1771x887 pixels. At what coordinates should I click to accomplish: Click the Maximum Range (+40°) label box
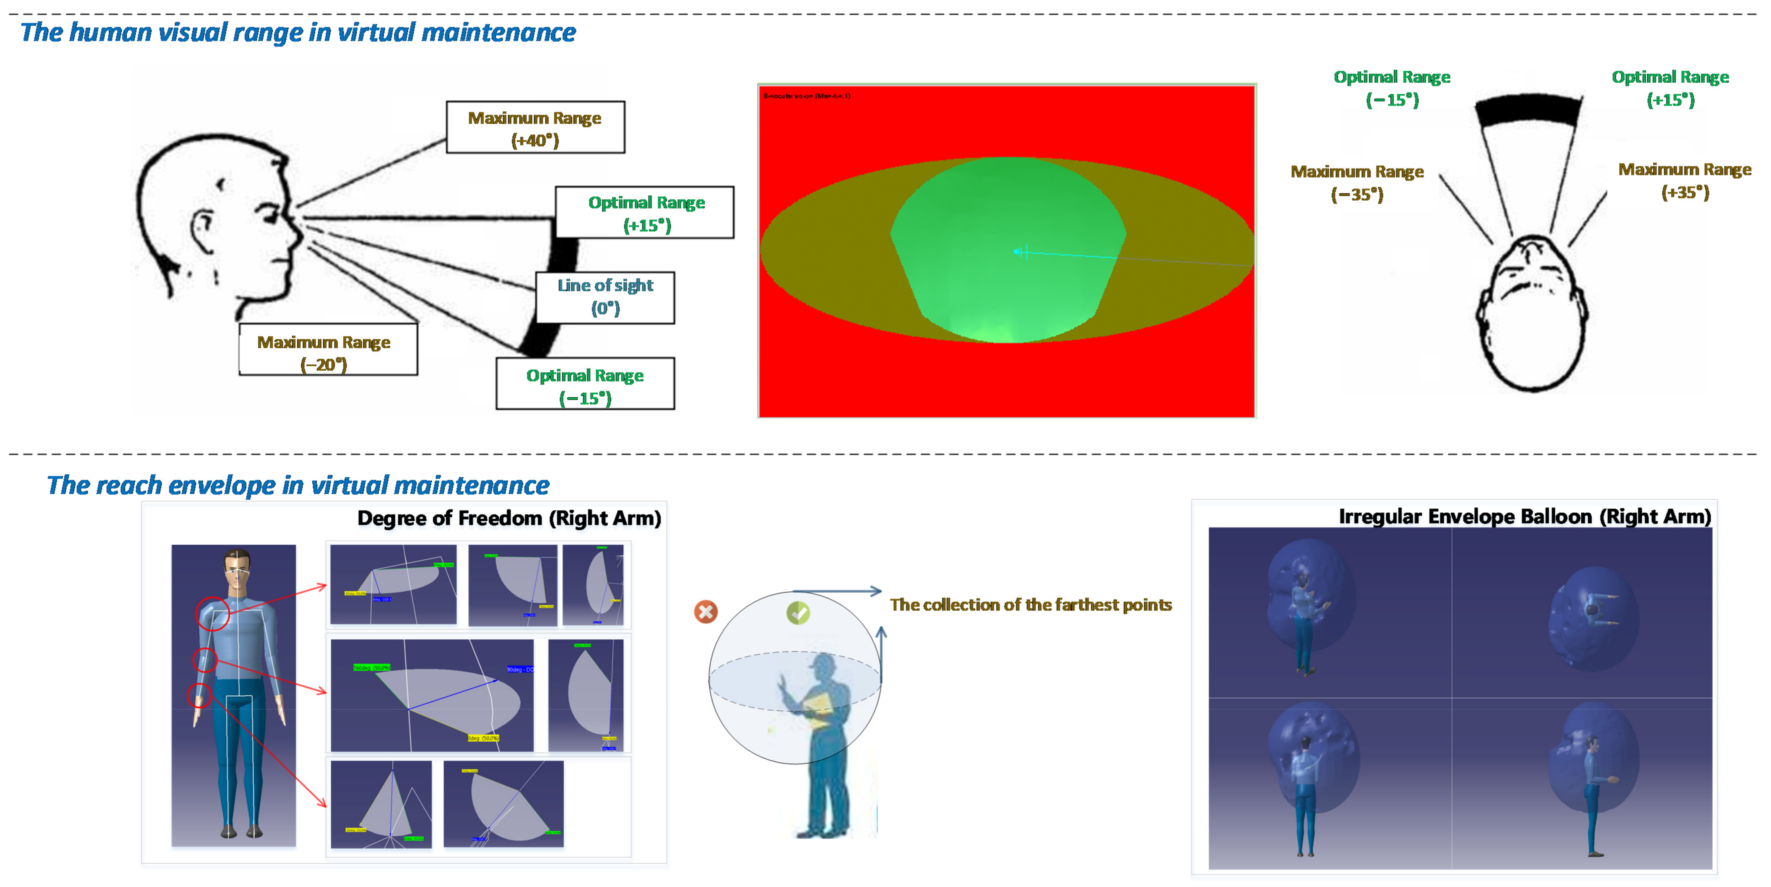(535, 128)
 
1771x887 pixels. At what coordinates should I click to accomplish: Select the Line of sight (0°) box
(605, 297)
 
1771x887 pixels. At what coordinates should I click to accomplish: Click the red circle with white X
(705, 611)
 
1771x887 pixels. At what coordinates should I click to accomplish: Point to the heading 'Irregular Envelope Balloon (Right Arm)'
(1524, 516)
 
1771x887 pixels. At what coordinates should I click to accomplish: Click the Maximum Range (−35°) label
(1357, 182)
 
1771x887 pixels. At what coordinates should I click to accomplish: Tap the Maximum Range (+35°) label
(1684, 180)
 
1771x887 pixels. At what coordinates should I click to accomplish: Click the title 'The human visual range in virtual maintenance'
(298, 32)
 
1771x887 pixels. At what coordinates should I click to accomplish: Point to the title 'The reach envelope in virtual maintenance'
(298, 485)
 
